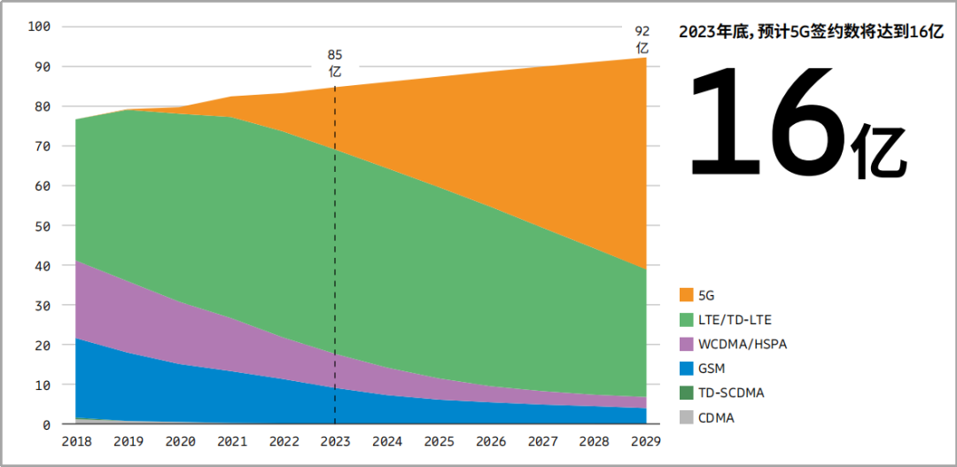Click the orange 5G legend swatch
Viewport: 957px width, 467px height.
click(686, 295)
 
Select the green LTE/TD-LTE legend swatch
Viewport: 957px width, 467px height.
click(686, 320)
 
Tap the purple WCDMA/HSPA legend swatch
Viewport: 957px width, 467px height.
click(686, 344)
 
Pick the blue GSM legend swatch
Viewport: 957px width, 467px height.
click(686, 369)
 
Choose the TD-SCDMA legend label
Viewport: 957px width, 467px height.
click(731, 393)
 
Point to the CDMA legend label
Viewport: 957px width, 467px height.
click(716, 418)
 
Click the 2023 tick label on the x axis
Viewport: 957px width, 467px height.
click(334, 440)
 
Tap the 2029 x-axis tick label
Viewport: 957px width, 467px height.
click(646, 440)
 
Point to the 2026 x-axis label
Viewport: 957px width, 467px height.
click(490, 440)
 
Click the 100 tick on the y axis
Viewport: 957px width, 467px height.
click(39, 27)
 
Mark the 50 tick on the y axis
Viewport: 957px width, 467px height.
click(43, 226)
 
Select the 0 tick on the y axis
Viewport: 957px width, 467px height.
click(46, 425)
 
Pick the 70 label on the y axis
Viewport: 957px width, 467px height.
click(43, 146)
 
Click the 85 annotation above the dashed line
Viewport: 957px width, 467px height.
click(334, 55)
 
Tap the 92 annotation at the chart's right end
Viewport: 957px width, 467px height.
click(642, 32)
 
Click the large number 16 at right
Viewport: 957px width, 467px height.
click(766, 121)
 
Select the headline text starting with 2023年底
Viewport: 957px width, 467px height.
click(811, 32)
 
